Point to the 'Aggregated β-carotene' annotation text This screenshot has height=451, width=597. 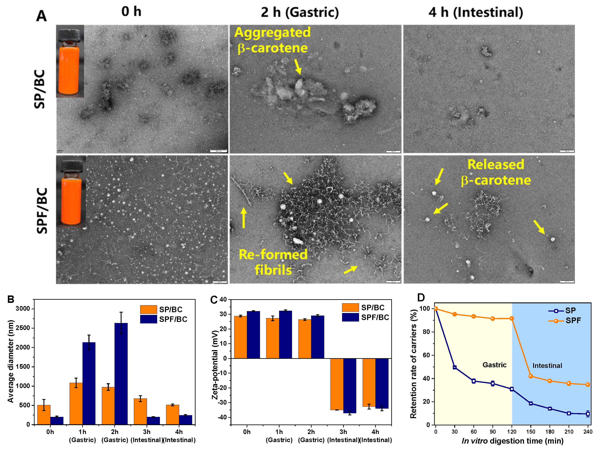point(272,40)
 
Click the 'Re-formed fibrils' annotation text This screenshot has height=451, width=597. point(273,262)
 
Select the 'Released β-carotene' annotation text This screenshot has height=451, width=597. point(496,172)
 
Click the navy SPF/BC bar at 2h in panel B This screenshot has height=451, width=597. point(121,374)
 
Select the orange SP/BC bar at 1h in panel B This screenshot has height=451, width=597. point(76,404)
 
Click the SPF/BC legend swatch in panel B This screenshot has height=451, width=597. point(148,319)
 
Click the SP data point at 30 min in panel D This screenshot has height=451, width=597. point(455,367)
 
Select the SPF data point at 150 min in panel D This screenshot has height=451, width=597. point(531,376)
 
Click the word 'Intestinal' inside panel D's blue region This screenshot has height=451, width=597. point(547,366)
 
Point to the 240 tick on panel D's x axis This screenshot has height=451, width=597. point(587,432)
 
